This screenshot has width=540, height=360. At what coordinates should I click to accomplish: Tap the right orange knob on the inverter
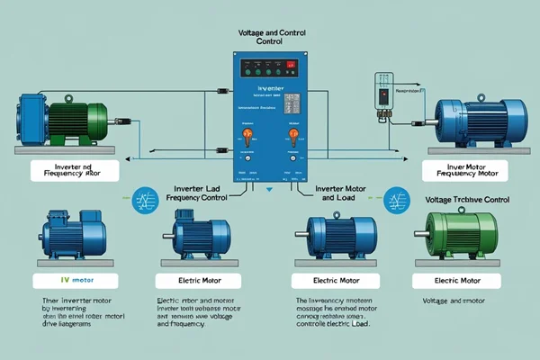[292, 135]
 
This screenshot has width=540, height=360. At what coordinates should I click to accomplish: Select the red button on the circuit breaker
[382, 93]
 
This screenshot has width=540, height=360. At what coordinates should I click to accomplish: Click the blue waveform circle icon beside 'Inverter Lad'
[140, 199]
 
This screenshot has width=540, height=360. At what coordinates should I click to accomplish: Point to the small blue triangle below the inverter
[267, 190]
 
